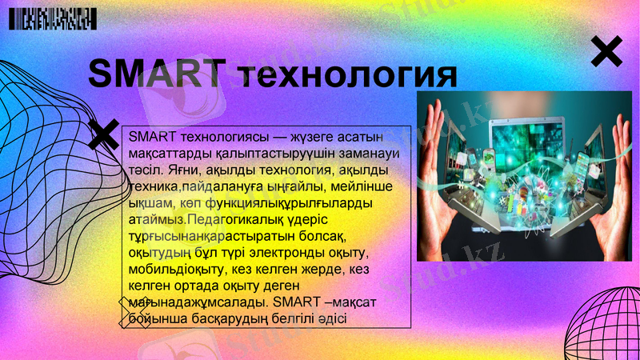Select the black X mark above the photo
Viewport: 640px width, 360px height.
[x=606, y=52]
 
